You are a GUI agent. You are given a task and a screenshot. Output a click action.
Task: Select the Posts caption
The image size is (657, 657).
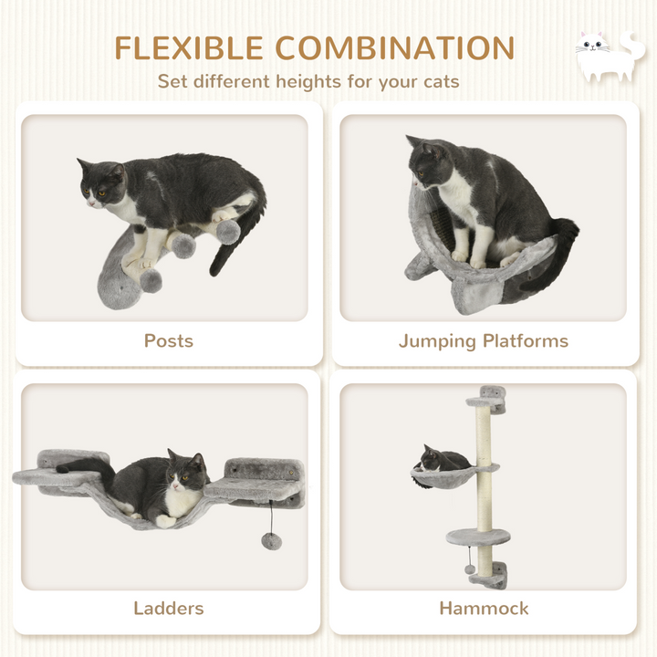tap(169, 340)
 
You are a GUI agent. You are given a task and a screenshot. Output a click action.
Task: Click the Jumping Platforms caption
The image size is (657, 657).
tap(483, 340)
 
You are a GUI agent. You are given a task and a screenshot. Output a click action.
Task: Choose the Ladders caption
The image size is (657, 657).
tap(169, 608)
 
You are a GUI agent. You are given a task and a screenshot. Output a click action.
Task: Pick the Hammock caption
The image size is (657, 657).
tap(484, 608)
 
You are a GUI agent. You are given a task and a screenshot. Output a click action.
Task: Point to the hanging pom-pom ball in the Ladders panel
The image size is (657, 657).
tap(271, 541)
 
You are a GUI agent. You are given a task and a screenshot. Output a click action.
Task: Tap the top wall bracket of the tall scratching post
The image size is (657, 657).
tap(487, 397)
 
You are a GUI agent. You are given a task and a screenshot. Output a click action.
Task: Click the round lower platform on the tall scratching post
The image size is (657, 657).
tap(477, 537)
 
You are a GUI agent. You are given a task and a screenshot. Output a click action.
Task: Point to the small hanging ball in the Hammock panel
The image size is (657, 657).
tap(470, 568)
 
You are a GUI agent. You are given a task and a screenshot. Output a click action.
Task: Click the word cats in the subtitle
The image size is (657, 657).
tap(436, 81)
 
